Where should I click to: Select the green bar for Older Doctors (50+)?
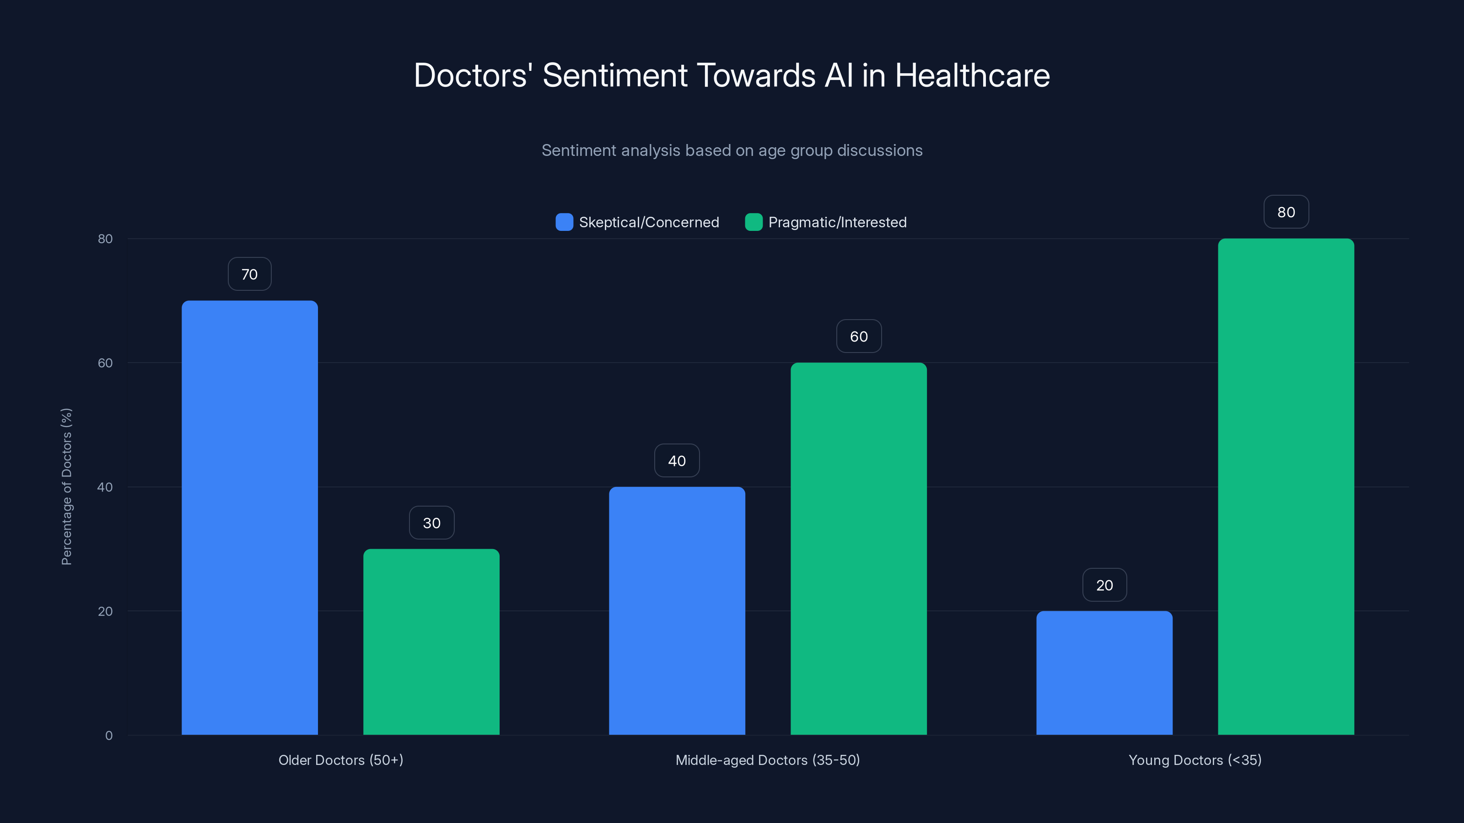431,642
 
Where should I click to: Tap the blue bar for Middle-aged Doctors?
677,610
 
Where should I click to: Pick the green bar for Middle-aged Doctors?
859,549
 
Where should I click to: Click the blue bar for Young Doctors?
1104,673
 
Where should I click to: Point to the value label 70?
249,274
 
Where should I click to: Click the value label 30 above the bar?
431,523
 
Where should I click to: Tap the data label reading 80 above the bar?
1286,212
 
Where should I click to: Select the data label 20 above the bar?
1104,585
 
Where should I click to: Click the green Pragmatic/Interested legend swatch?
754,222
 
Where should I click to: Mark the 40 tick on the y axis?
105,487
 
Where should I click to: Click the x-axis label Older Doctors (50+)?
341,760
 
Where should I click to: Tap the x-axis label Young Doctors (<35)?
1195,760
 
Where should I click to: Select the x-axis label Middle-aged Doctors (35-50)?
767,760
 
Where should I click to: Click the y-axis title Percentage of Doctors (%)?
66,487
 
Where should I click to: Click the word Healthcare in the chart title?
972,75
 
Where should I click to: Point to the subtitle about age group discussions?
732,150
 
